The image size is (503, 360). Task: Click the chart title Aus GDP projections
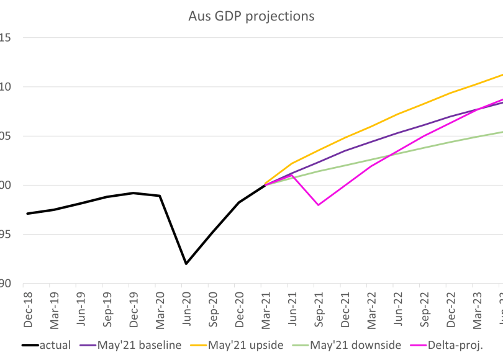(251, 16)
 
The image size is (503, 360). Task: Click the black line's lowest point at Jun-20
(186, 264)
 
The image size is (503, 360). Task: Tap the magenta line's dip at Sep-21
(318, 205)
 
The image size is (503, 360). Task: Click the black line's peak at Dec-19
(133, 193)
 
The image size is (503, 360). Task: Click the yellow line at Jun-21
(292, 164)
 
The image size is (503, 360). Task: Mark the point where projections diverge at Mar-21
(265, 185)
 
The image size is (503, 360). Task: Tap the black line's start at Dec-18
(28, 214)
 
